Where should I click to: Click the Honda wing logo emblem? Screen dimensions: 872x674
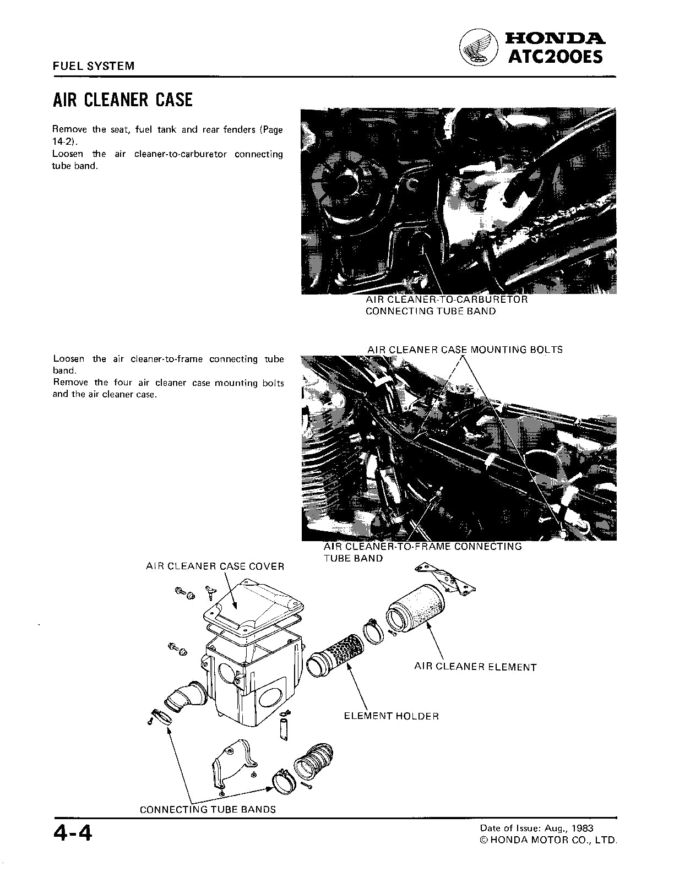coord(478,47)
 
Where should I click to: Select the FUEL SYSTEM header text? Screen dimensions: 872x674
coord(93,66)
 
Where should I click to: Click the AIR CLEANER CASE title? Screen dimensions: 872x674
coord(122,100)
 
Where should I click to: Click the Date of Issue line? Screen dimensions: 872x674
coord(536,828)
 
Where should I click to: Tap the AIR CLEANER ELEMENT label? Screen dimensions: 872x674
coord(475,667)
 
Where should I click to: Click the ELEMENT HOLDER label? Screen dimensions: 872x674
coord(392,716)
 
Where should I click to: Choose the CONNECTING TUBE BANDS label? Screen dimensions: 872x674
coord(208,809)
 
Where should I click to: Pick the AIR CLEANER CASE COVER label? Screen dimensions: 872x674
coord(215,566)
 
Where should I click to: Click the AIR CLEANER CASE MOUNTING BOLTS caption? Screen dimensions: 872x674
coord(465,350)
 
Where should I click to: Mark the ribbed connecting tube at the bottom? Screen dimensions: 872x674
coord(314,761)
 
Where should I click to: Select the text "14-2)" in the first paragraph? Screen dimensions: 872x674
coord(63,142)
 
